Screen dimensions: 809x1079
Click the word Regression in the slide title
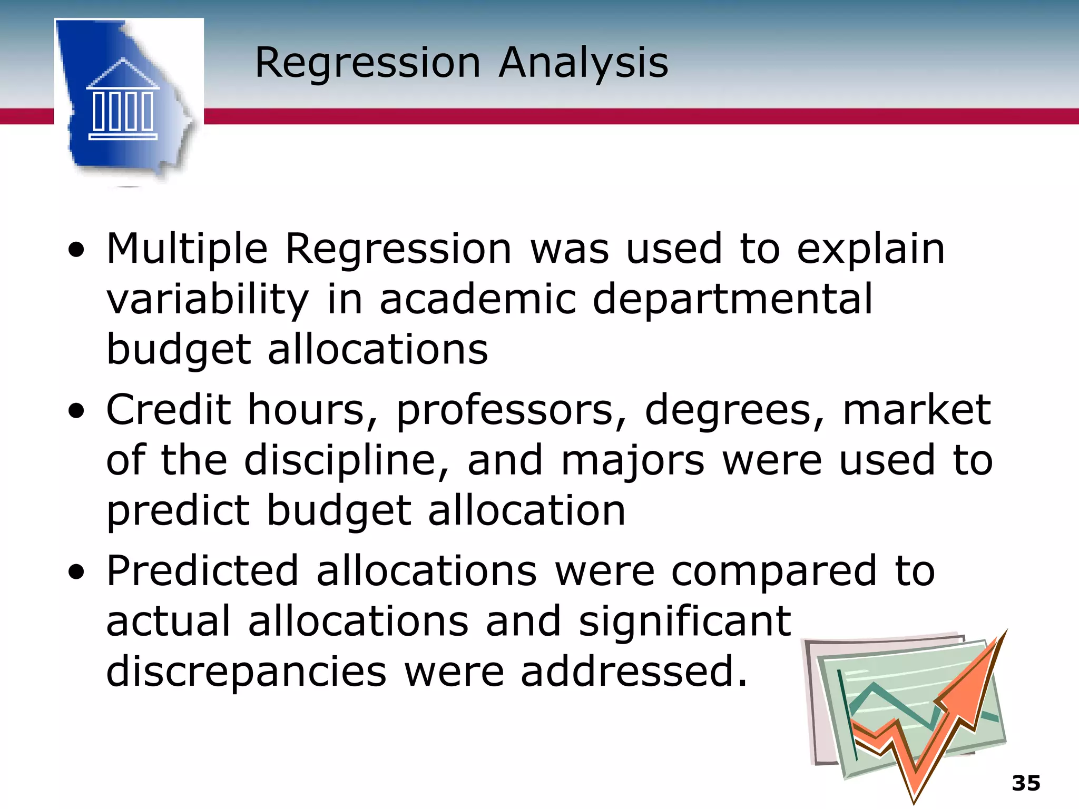click(367, 63)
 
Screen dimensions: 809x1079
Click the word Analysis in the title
click(583, 63)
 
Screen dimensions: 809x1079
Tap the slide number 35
click(1026, 783)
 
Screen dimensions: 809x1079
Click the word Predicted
click(202, 571)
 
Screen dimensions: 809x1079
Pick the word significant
click(685, 621)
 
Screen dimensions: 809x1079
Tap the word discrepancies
click(246, 672)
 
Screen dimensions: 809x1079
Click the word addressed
click(634, 672)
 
